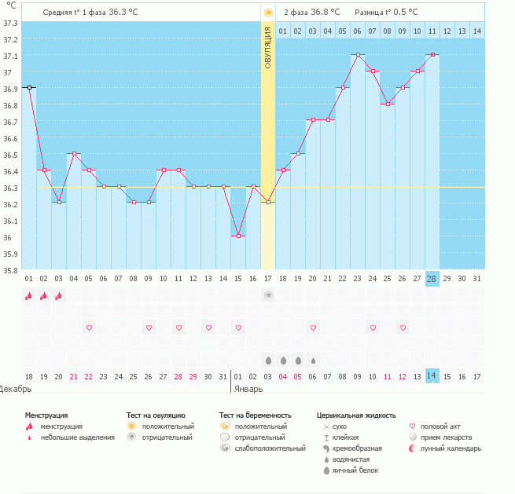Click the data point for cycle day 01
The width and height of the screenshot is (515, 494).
tap(29, 88)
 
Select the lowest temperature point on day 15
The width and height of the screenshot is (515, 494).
tap(238, 236)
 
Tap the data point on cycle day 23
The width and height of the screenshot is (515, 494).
tap(358, 55)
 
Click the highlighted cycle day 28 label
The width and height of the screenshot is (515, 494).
tap(432, 279)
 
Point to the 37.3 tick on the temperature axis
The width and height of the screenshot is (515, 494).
tap(11, 23)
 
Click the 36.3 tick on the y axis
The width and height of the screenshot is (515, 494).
tap(11, 188)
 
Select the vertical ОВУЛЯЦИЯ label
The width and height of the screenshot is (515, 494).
tap(268, 47)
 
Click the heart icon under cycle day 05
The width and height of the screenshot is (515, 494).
tap(89, 327)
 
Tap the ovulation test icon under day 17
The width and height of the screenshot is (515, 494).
tap(268, 295)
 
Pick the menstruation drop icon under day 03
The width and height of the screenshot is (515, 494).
tap(59, 295)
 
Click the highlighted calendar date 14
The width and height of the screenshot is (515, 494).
tap(432, 376)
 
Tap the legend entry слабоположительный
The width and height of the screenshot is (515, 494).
tap(269, 448)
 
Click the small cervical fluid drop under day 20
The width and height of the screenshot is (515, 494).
tap(313, 360)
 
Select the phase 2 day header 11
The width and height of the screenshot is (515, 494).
tap(432, 31)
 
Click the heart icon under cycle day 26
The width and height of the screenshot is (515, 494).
tap(403, 327)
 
